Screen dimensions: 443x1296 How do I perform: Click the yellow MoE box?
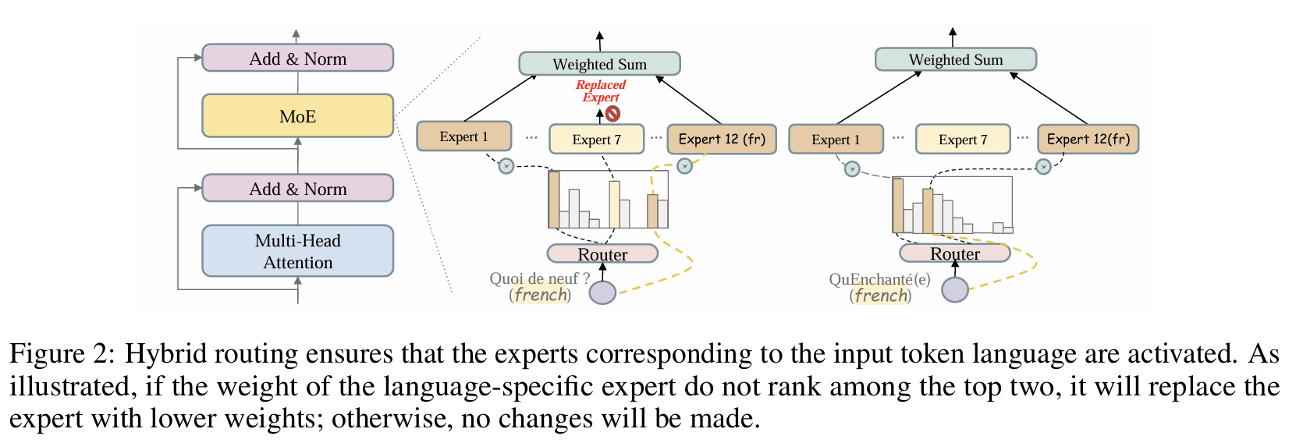point(297,116)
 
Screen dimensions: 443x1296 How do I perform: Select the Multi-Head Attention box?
point(297,251)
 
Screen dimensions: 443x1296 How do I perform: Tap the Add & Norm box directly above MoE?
point(297,58)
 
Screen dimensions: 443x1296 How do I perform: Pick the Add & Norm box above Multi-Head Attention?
point(297,189)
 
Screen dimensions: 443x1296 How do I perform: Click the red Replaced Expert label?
point(600,90)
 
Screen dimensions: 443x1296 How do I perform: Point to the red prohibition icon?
point(613,114)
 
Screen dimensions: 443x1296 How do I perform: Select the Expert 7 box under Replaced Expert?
point(596,140)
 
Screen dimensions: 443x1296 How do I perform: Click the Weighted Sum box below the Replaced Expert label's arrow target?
point(599,64)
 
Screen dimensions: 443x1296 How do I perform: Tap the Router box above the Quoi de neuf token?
point(602,254)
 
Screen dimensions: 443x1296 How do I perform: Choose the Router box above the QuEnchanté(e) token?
point(954,253)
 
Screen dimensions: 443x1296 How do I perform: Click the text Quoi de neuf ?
point(539,278)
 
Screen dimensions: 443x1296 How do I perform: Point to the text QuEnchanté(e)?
point(879,279)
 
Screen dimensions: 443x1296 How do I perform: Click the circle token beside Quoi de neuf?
point(602,292)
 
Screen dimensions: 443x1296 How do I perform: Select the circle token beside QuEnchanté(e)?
point(954,289)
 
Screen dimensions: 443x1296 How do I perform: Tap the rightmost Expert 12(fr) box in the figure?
point(1088,140)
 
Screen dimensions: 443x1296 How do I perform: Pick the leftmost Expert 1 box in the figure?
point(463,136)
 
